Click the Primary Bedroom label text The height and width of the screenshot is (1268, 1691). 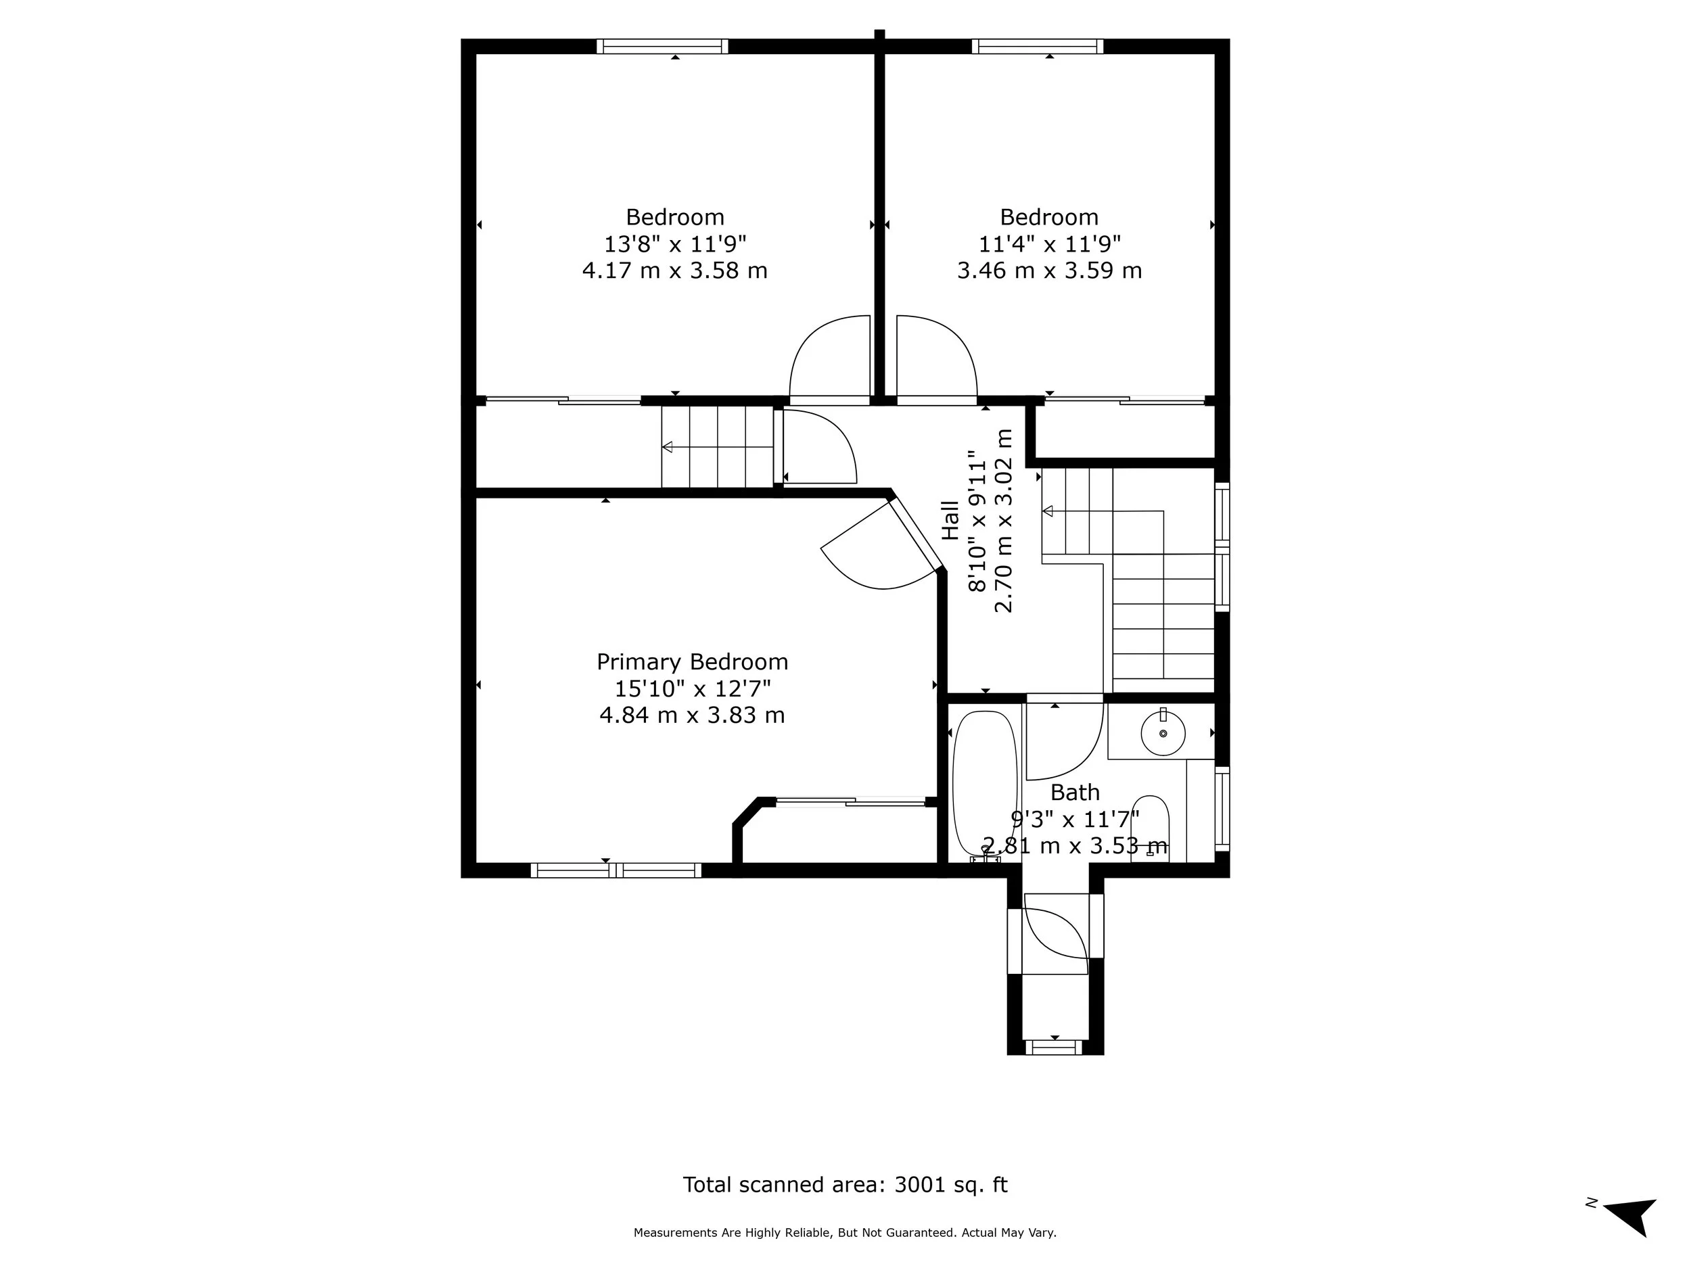click(692, 662)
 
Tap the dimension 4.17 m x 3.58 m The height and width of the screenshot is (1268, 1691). click(674, 271)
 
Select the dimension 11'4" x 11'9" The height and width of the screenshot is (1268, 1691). click(1050, 244)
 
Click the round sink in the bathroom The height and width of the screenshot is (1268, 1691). click(1163, 734)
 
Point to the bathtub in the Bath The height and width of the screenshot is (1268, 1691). click(985, 783)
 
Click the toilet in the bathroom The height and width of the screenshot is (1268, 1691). click(1150, 829)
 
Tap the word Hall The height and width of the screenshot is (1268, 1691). click(950, 521)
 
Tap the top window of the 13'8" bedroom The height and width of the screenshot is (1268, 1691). click(662, 47)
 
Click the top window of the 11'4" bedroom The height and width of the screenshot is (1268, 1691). click(1038, 47)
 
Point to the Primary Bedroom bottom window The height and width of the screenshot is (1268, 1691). click(616, 870)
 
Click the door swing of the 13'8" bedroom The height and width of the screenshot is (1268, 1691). click(826, 359)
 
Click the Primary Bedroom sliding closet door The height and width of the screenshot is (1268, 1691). click(850, 802)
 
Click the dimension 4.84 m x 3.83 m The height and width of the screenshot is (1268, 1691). click(692, 715)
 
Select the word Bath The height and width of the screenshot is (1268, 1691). click(1075, 792)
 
